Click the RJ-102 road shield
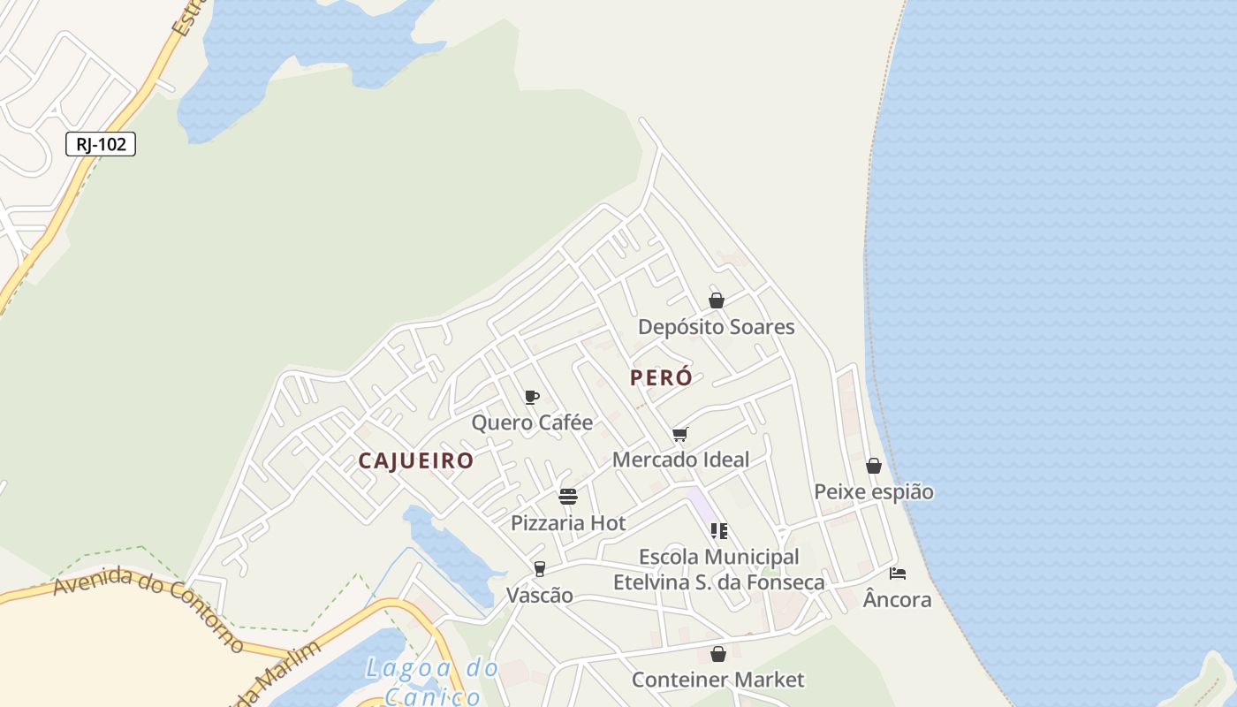[x=101, y=144]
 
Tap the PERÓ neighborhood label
[x=661, y=377]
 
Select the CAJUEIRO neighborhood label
[x=416, y=460]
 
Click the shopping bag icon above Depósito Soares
[x=717, y=300]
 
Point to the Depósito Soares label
[x=717, y=327]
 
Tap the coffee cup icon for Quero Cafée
[x=531, y=397]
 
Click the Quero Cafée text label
[x=532, y=422]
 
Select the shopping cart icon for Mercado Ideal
[x=679, y=434]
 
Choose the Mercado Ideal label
[x=680, y=460]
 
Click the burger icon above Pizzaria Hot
[x=568, y=497]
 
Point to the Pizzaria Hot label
[x=568, y=523]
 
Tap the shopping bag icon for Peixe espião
[x=874, y=466]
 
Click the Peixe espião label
[x=874, y=491]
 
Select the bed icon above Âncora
[x=898, y=574]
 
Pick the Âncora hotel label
[x=897, y=599]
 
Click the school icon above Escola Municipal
[x=718, y=531]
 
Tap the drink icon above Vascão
[x=539, y=568]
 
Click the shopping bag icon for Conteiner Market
[x=718, y=654]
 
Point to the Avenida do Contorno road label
[x=148, y=609]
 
